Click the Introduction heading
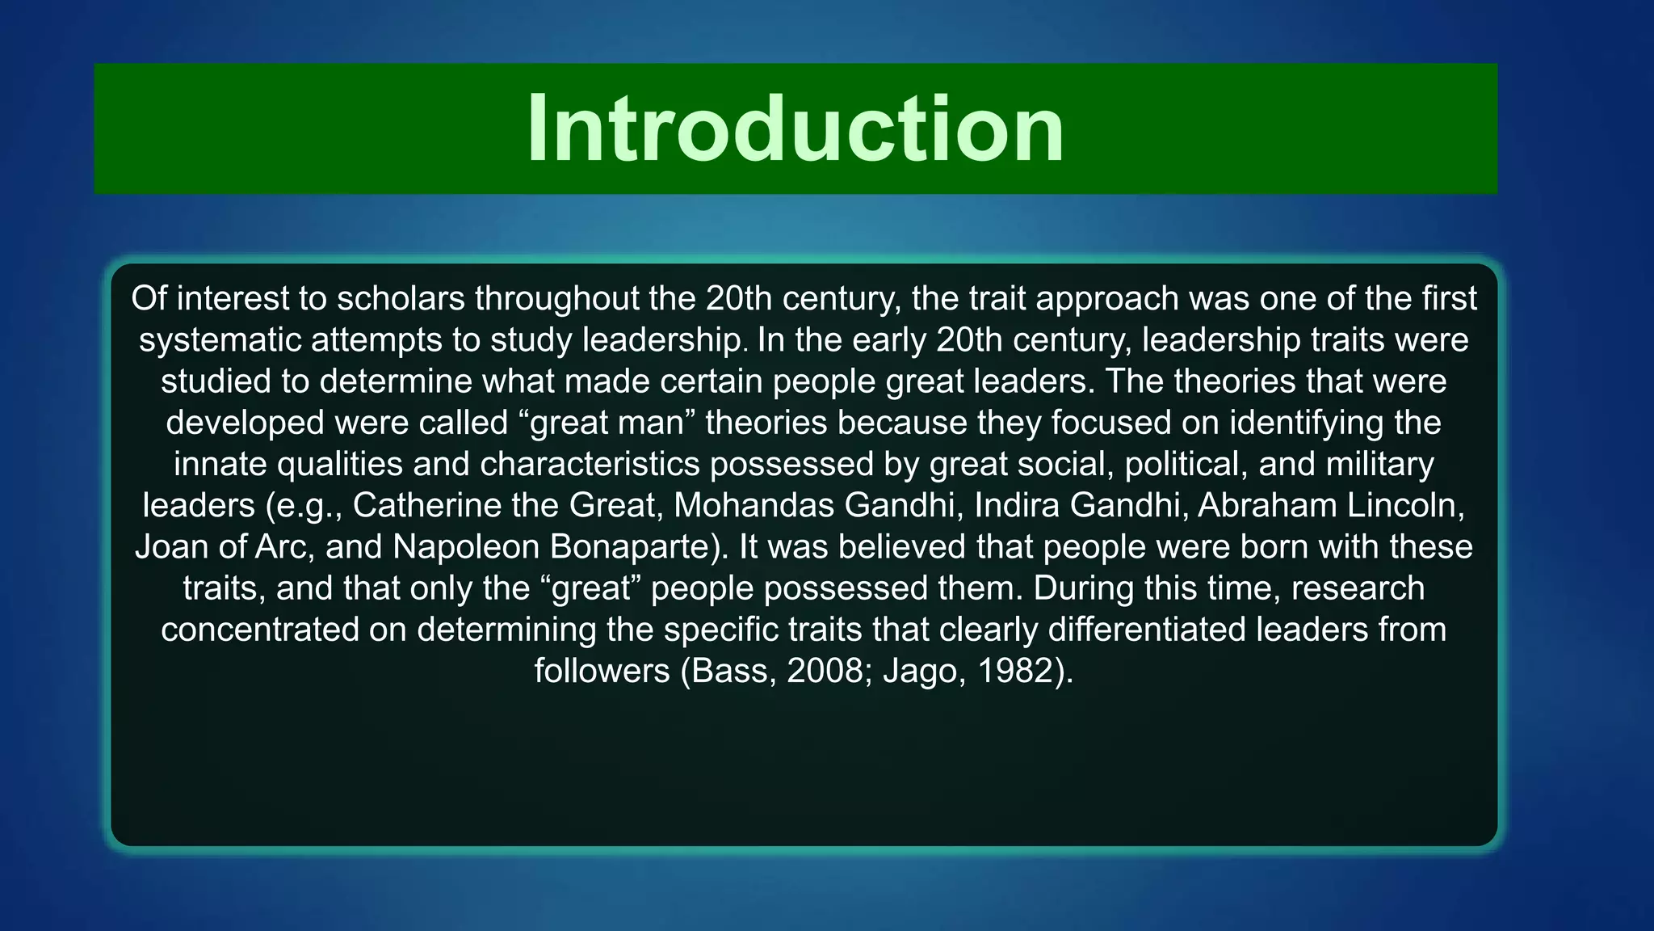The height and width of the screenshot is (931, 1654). [796, 129]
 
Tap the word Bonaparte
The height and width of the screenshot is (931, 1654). [638, 547]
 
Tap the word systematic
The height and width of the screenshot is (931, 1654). [220, 341]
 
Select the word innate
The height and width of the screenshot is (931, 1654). [220, 465]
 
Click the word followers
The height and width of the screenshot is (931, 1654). [602, 671]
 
